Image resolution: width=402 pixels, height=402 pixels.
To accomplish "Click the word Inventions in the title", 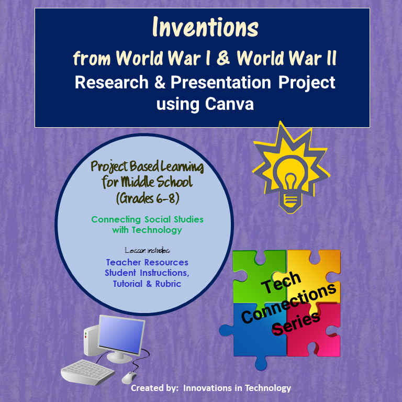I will [x=206, y=28].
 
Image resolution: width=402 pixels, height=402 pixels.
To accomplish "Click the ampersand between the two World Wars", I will [x=222, y=59].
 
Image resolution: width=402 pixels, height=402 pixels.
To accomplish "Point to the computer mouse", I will [x=128, y=377].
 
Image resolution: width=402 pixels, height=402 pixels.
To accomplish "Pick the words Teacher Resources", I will [x=147, y=262].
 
